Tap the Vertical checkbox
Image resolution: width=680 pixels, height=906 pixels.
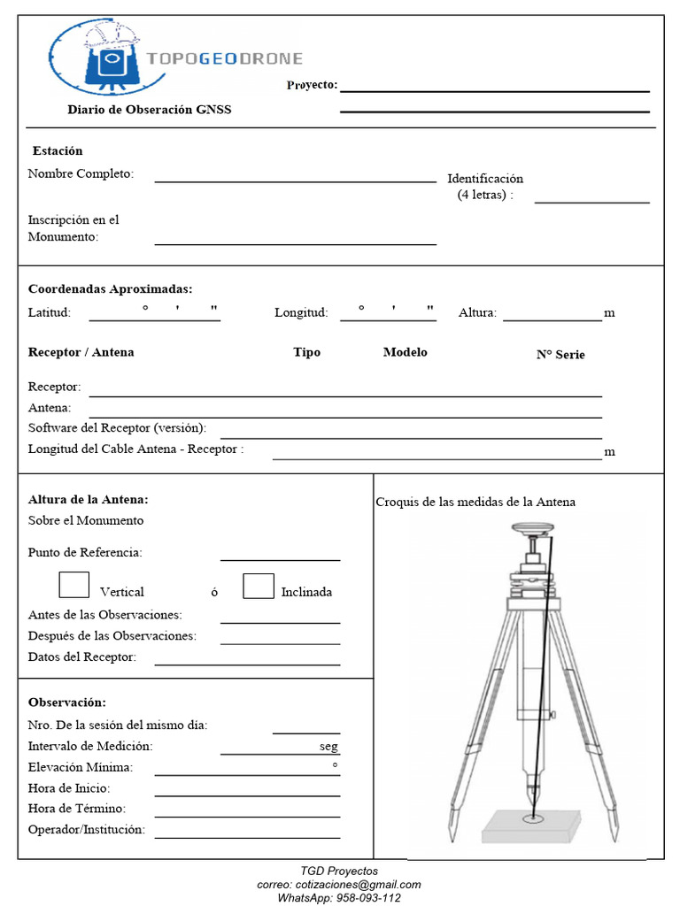pos(73,586)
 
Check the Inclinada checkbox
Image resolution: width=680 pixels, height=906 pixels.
pos(258,586)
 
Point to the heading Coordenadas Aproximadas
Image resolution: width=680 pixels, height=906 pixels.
pos(110,288)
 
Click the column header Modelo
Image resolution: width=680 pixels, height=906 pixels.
pos(405,352)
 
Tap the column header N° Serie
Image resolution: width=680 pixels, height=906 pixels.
pos(560,355)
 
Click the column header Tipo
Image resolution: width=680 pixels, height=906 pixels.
pos(306,352)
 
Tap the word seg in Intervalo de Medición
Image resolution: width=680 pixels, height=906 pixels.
pos(328,747)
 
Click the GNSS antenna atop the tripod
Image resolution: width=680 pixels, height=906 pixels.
pos(532,529)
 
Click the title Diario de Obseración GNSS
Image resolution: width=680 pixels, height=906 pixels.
pos(150,110)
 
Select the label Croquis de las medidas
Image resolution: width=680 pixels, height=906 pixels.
pos(475,502)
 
